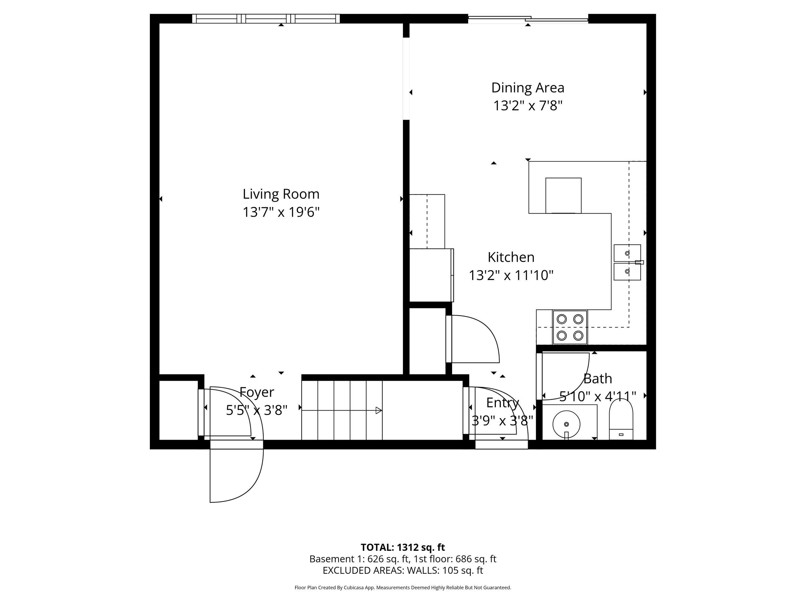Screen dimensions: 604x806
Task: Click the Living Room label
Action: point(281,194)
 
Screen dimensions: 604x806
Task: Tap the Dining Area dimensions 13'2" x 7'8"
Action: point(528,106)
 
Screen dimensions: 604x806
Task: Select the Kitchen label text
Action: point(511,257)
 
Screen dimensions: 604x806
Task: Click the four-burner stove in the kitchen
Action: point(570,327)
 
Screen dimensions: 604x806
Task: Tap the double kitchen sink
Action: point(627,262)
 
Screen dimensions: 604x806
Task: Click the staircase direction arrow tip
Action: point(379,410)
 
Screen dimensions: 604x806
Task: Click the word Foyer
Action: point(257,392)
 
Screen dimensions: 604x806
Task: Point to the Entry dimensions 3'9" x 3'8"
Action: point(502,421)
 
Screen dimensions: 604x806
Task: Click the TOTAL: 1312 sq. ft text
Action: point(403,547)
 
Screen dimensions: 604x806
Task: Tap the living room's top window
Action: point(266,19)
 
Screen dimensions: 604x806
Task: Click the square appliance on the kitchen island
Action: point(563,195)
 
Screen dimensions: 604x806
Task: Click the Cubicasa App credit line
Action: point(403,587)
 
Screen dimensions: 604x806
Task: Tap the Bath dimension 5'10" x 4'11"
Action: point(598,396)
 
